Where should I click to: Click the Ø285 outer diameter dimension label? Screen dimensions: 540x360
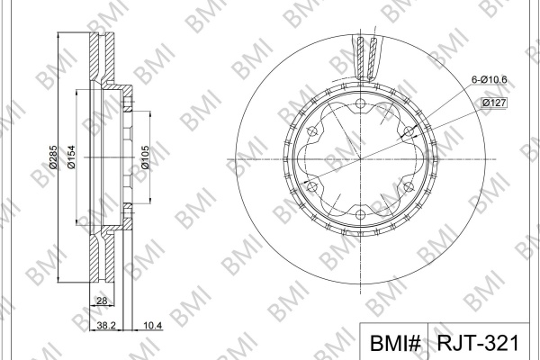coord(53,157)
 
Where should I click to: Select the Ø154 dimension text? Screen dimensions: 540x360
coord(71,157)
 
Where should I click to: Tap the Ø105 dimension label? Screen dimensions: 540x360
coord(145,157)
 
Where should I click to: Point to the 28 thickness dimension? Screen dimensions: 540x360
coord(102,301)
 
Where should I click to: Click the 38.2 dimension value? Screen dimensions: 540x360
coord(106,325)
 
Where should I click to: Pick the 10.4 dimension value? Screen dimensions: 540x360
coord(153,325)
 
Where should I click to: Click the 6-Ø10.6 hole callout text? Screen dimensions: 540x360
coord(489,80)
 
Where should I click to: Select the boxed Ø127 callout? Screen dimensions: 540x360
coord(494,103)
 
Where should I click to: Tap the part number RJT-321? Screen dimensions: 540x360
coord(478,343)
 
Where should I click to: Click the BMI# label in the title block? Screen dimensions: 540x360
coord(395,343)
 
